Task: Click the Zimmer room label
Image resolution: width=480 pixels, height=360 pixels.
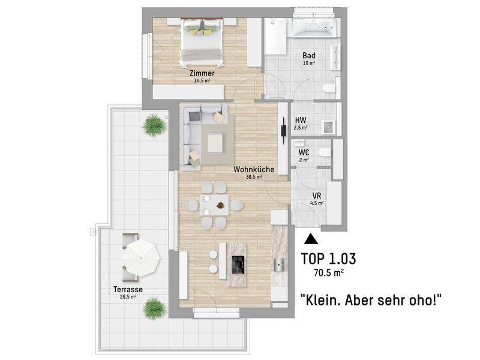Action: click(x=202, y=73)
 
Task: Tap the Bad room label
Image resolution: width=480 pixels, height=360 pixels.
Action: click(x=308, y=55)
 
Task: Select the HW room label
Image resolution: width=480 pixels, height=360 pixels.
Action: click(x=301, y=121)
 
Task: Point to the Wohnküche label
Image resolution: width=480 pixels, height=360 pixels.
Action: click(x=254, y=169)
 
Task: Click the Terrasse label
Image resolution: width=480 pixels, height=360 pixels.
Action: click(x=128, y=289)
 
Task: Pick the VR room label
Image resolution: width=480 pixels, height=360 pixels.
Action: click(x=317, y=196)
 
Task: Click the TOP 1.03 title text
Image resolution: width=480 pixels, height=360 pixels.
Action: click(x=328, y=259)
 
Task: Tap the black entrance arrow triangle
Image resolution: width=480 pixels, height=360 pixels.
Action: click(x=311, y=239)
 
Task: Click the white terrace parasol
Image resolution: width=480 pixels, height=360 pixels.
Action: click(x=141, y=259)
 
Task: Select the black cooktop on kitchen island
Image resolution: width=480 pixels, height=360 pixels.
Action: click(x=238, y=265)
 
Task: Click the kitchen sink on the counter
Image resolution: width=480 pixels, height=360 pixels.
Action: click(x=280, y=265)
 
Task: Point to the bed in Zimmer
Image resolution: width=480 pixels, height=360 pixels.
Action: click(x=201, y=42)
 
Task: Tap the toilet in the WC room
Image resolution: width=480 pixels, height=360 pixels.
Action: click(x=324, y=152)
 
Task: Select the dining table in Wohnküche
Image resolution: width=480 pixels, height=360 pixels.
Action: click(x=214, y=205)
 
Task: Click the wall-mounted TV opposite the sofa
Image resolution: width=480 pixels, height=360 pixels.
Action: click(x=284, y=127)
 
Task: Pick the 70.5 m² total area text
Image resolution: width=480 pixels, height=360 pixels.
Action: click(x=328, y=272)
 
